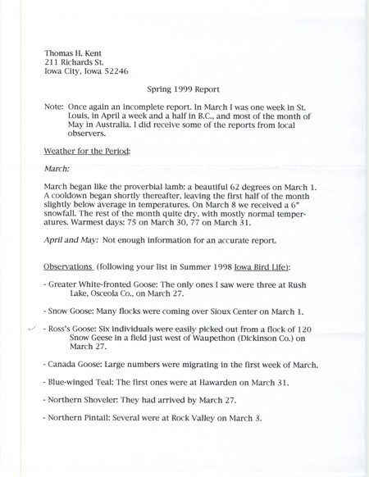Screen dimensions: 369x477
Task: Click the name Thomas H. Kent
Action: pos(76,48)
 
